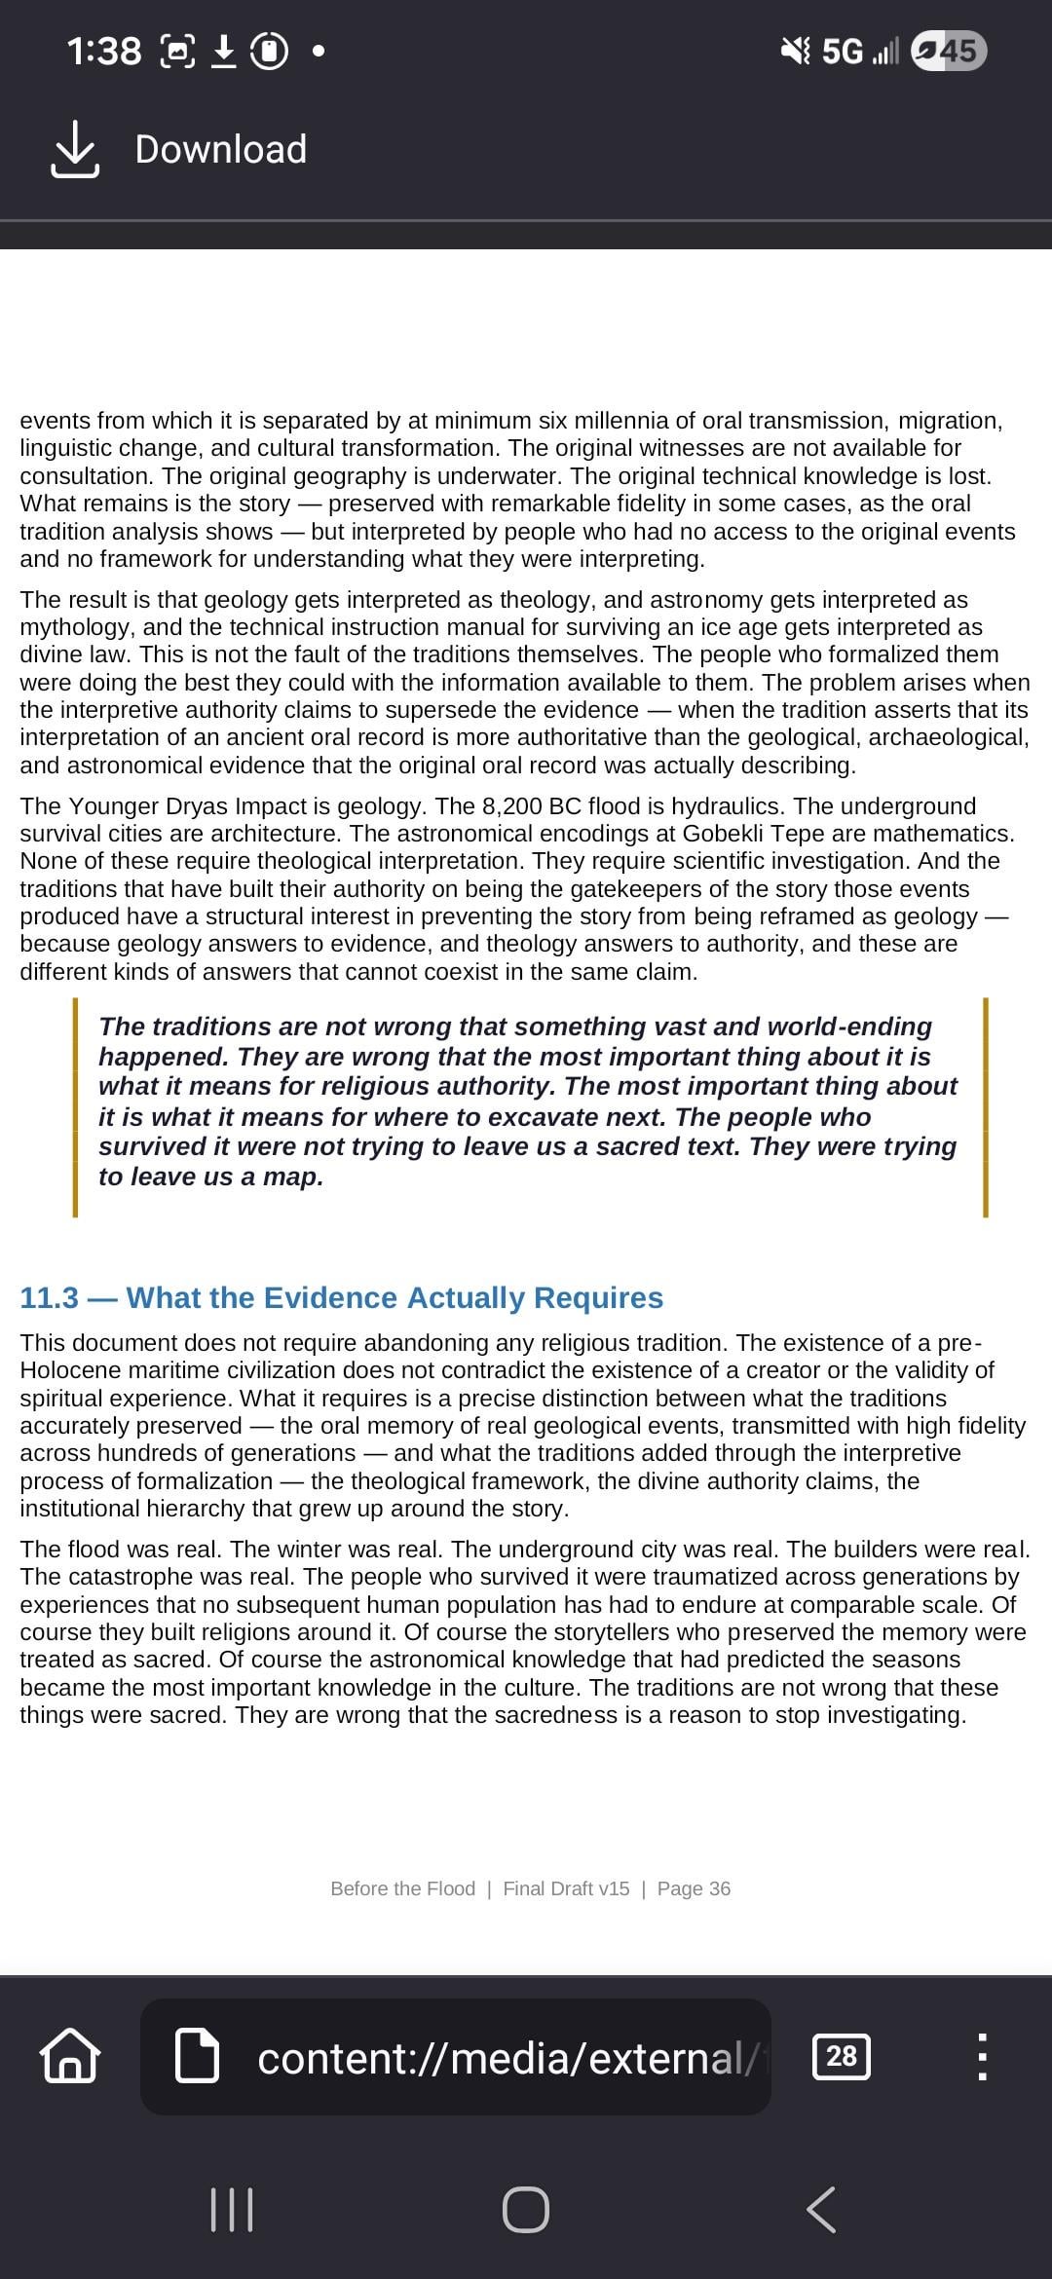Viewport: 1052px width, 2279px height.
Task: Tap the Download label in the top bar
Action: click(220, 149)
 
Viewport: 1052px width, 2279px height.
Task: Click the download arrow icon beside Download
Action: click(75, 149)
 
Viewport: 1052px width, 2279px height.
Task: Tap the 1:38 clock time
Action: click(104, 51)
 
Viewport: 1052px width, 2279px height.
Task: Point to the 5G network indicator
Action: click(842, 51)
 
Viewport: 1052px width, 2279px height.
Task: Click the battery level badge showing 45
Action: click(949, 51)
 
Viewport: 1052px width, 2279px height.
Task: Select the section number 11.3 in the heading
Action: click(49, 1297)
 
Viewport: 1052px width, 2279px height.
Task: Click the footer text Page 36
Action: click(694, 1888)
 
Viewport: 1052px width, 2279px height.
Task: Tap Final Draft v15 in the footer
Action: click(566, 1888)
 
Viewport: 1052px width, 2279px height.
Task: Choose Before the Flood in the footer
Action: click(402, 1888)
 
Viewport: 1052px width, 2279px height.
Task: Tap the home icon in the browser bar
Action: click(69, 2056)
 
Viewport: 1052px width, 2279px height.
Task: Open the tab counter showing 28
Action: click(841, 2056)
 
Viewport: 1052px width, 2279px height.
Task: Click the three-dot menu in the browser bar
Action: click(982, 2056)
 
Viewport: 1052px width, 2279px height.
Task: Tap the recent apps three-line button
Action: click(232, 2210)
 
